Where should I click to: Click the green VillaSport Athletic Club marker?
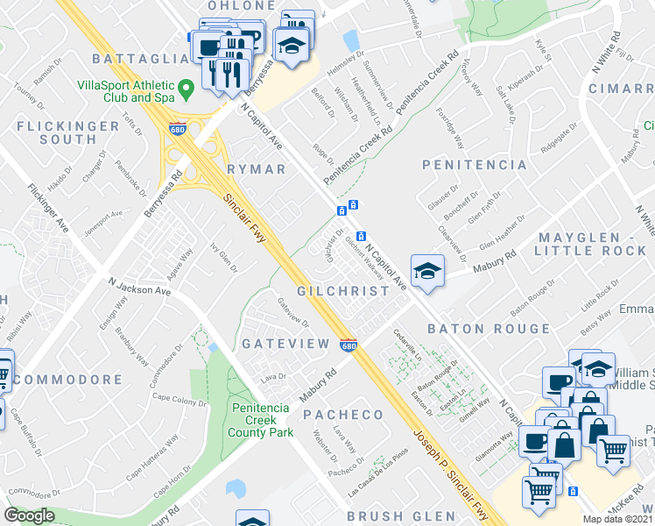tap(186, 89)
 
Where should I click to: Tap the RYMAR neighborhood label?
tap(257, 169)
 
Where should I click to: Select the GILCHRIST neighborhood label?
tap(342, 291)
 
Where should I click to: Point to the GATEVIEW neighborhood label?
tap(285, 343)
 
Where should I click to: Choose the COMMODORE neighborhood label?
tap(68, 380)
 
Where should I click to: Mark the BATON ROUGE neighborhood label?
tap(489, 330)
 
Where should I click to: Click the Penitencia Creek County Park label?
tap(261, 419)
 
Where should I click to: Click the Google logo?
tap(29, 515)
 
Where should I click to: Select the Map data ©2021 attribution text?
tap(617, 520)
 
